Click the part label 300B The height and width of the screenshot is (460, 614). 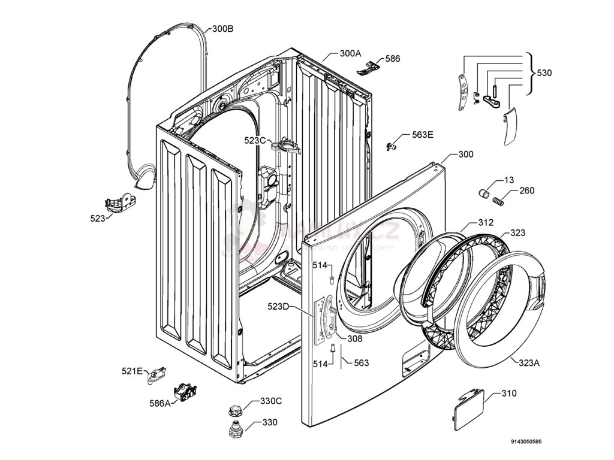click(x=222, y=29)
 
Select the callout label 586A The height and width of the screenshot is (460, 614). click(x=159, y=403)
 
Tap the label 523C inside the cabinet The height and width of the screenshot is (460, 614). click(x=255, y=140)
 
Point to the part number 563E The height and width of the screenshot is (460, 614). click(x=422, y=135)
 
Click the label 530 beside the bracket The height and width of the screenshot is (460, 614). click(x=544, y=73)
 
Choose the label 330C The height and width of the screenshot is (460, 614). click(x=270, y=401)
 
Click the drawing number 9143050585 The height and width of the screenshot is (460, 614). click(x=526, y=442)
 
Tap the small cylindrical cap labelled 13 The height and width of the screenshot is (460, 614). click(x=484, y=192)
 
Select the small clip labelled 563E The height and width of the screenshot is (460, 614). click(x=393, y=144)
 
